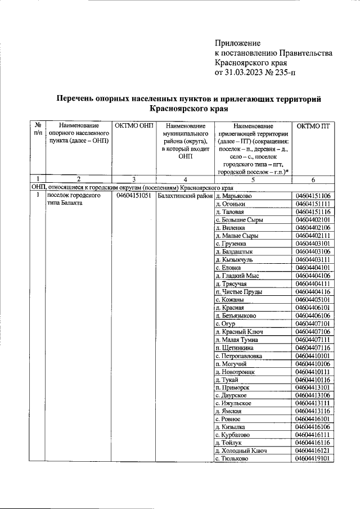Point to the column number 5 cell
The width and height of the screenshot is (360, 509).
[x=253, y=180]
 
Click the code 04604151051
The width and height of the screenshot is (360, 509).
[x=133, y=196]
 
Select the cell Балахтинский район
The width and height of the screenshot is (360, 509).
[x=185, y=196]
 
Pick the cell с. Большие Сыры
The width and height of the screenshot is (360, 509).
[x=238, y=219]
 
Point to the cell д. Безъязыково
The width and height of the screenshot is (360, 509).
[x=238, y=316]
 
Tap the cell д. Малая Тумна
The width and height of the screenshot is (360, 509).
[x=237, y=340]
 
